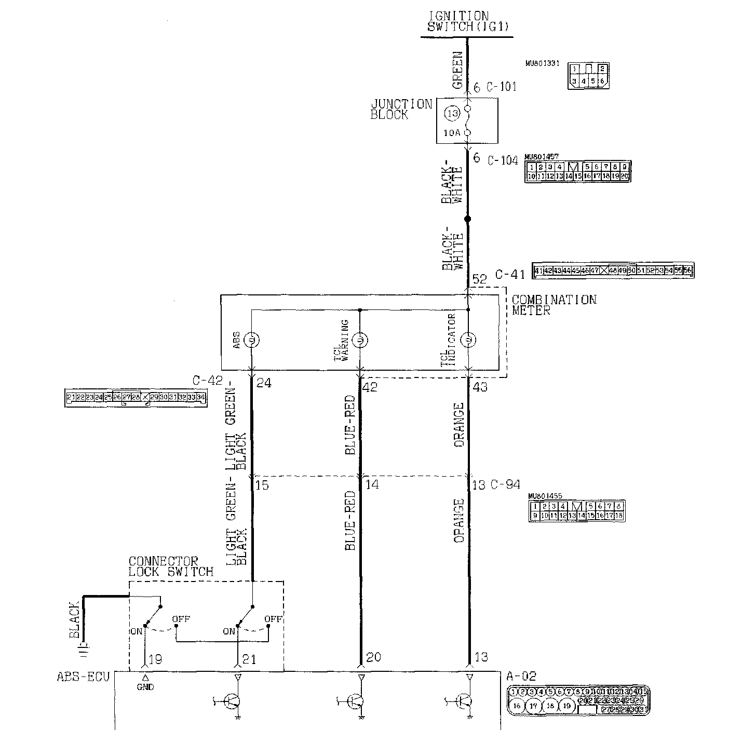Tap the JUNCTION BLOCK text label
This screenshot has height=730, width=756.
401,110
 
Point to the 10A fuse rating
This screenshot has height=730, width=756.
452,133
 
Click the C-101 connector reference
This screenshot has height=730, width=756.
502,87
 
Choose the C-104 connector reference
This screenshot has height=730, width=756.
503,160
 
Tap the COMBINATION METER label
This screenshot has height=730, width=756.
554,305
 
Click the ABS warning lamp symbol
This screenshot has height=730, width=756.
252,340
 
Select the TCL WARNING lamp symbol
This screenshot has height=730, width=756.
360,340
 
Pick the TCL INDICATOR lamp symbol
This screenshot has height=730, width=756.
469,340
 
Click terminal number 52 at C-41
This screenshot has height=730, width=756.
480,279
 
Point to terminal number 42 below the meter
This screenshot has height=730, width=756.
371,387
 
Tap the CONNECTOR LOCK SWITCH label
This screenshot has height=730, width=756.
171,566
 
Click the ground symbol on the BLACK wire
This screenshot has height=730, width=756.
84,646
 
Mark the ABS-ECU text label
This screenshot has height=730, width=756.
83,677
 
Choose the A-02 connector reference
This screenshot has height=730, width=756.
521,677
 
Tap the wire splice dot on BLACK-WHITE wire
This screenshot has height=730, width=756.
467,219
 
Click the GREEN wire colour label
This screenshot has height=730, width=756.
457,69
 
